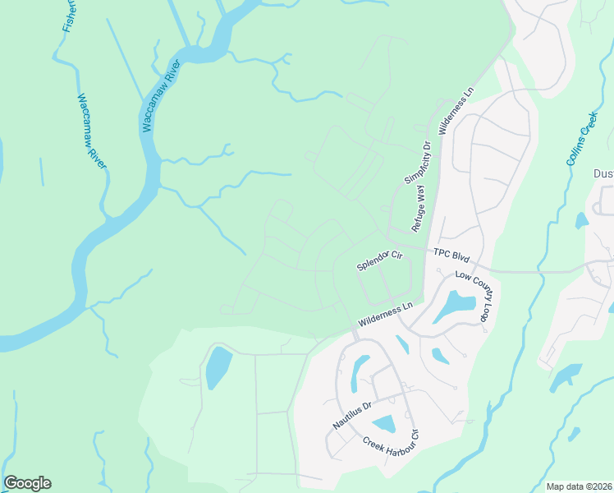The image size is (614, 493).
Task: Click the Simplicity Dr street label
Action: [x=417, y=163]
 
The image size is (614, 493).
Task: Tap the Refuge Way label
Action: [x=419, y=210]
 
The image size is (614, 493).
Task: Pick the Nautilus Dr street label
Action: [x=353, y=414]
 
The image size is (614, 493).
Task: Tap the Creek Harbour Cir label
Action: [x=392, y=450]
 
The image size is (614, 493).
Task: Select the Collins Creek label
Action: [x=581, y=140]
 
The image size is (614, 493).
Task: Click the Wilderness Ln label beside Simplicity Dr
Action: [x=456, y=114]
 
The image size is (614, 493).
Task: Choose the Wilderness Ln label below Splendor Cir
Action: [x=384, y=314]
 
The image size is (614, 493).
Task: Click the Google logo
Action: [x=27, y=483]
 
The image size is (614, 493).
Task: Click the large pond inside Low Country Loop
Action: [x=455, y=306]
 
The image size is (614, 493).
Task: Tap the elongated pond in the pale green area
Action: [x=218, y=366]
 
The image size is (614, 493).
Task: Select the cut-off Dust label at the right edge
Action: [x=603, y=173]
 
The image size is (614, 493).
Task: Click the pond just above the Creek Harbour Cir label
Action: [x=383, y=424]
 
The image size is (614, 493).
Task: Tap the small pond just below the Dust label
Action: [x=582, y=220]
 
